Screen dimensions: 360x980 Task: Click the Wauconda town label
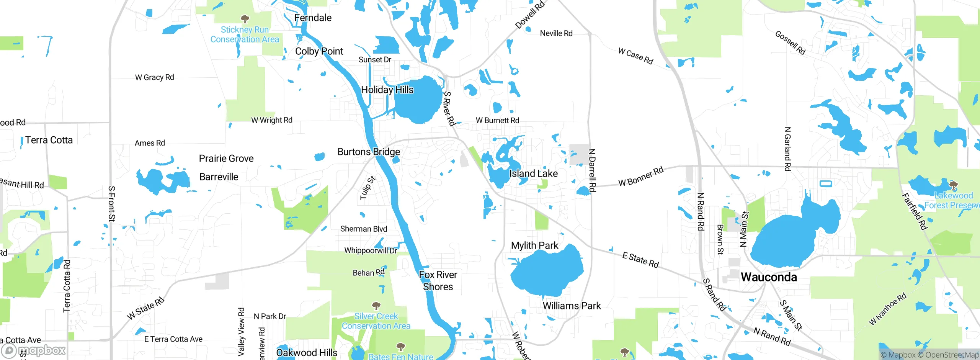pyautogui.click(x=769, y=277)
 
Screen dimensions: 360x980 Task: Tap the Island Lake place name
pyautogui.click(x=533, y=173)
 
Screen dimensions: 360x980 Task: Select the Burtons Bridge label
pyautogui.click(x=369, y=152)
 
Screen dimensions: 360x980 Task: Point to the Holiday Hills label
pyautogui.click(x=387, y=90)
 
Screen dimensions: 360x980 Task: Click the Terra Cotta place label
pyautogui.click(x=49, y=140)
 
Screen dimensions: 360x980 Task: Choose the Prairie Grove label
pyautogui.click(x=226, y=159)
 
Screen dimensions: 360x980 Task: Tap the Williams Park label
pyautogui.click(x=572, y=306)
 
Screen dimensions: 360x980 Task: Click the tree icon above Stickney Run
pyautogui.click(x=245, y=19)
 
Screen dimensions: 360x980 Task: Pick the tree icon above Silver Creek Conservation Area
pyautogui.click(x=376, y=306)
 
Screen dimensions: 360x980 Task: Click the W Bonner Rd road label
pyautogui.click(x=641, y=177)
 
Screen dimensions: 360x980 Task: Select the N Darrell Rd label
pyautogui.click(x=592, y=170)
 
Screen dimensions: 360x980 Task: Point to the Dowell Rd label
pyautogui.click(x=530, y=15)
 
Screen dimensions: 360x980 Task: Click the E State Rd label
pyautogui.click(x=640, y=260)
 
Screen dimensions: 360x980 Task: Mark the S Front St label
pyautogui.click(x=111, y=204)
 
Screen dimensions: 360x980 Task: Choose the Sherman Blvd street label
pyautogui.click(x=363, y=229)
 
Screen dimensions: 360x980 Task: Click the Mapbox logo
pyautogui.click(x=34, y=350)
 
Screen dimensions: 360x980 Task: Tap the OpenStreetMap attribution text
pyautogui.click(x=952, y=355)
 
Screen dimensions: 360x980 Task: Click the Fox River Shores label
pyautogui.click(x=438, y=281)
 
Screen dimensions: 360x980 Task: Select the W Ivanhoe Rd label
pyautogui.click(x=887, y=309)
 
